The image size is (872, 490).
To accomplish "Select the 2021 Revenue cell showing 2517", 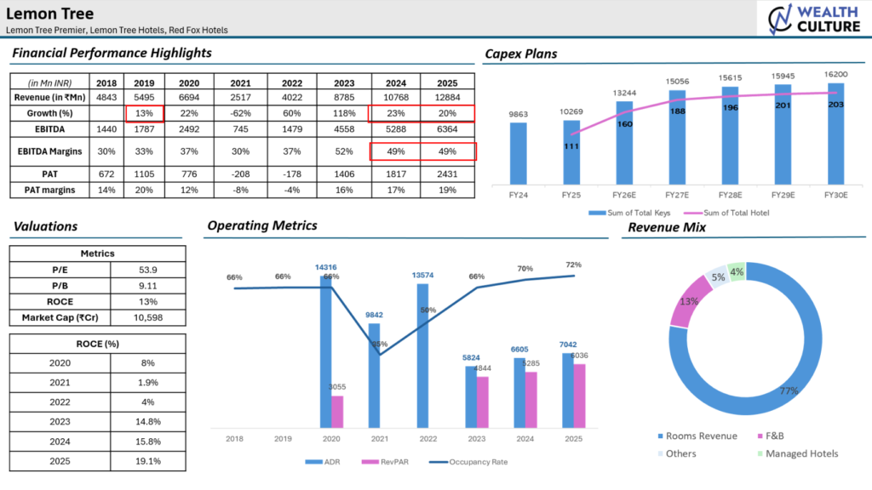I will tap(241, 98).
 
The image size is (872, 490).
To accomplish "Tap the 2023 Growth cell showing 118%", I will tap(345, 113).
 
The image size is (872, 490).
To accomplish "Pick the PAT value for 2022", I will tap(293, 174).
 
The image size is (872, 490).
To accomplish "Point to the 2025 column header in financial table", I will tap(448, 83).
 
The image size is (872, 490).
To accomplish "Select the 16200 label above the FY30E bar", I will tap(836, 75).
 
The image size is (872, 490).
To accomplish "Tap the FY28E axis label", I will tap(731, 195).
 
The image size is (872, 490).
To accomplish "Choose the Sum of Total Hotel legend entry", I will tap(734, 213).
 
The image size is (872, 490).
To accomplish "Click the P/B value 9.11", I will tap(148, 285).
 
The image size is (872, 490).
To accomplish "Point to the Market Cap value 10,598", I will tap(148, 317).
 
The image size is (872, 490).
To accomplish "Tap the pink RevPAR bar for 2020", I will tap(337, 412).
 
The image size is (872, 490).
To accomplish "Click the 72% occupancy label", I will tap(572, 265).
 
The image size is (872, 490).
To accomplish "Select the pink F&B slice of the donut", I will tap(680, 303).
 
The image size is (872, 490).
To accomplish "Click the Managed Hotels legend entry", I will tap(796, 453).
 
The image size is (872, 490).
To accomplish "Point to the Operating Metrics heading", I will tap(262, 225).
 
